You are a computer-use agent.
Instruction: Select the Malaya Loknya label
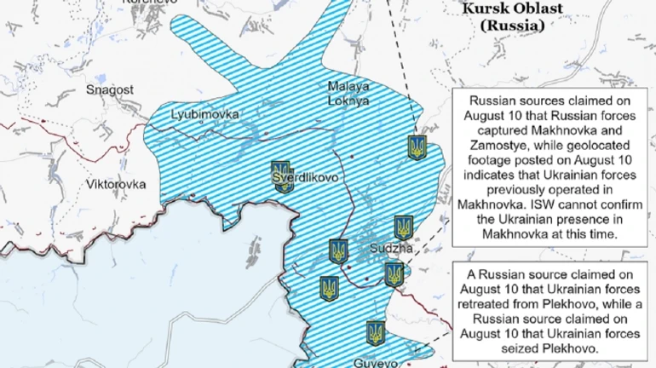[x=348, y=93]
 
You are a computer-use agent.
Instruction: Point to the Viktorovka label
[x=116, y=184]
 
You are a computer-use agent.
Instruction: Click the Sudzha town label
[x=391, y=249]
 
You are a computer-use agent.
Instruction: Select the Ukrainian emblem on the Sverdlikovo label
[x=280, y=175]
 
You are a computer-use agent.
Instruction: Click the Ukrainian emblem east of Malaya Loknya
[x=417, y=147]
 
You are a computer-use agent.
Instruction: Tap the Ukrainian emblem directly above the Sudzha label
[x=404, y=227]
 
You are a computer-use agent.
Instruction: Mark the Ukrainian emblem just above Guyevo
[x=375, y=333]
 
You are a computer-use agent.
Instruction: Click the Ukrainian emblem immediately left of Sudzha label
[x=338, y=251]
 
